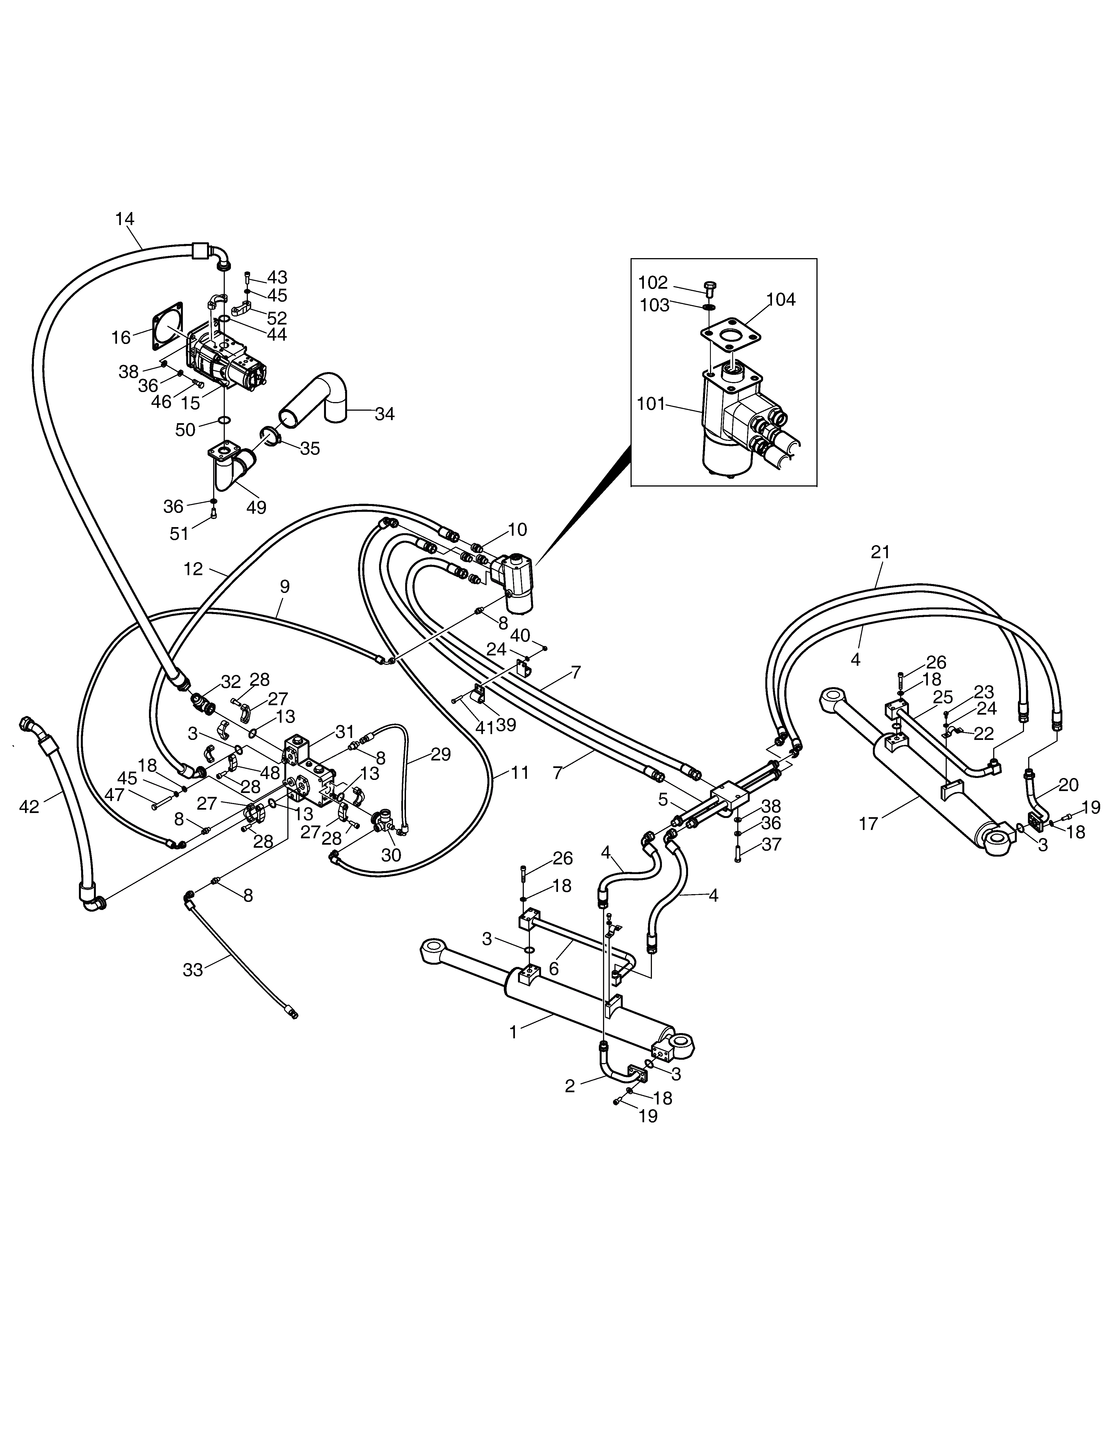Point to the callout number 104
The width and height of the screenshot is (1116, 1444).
pos(781,300)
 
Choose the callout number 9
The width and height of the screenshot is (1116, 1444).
pos(285,587)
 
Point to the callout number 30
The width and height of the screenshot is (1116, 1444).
pos(391,855)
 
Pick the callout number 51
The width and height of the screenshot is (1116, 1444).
pos(179,533)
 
